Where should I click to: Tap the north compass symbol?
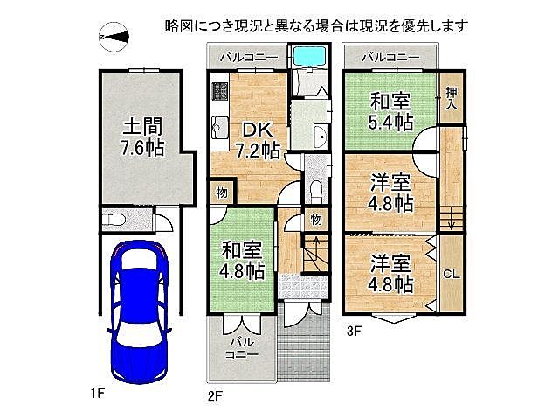click(115, 37)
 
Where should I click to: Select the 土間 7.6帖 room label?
click(142, 136)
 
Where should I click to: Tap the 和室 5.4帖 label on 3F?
click(390, 111)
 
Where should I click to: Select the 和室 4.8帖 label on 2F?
click(242, 259)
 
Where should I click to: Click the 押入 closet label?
click(452, 96)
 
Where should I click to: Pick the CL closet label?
click(452, 274)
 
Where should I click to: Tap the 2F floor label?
click(216, 395)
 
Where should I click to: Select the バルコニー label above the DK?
click(248, 58)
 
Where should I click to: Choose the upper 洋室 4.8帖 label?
click(390, 192)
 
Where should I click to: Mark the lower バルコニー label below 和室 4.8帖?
click(241, 348)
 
